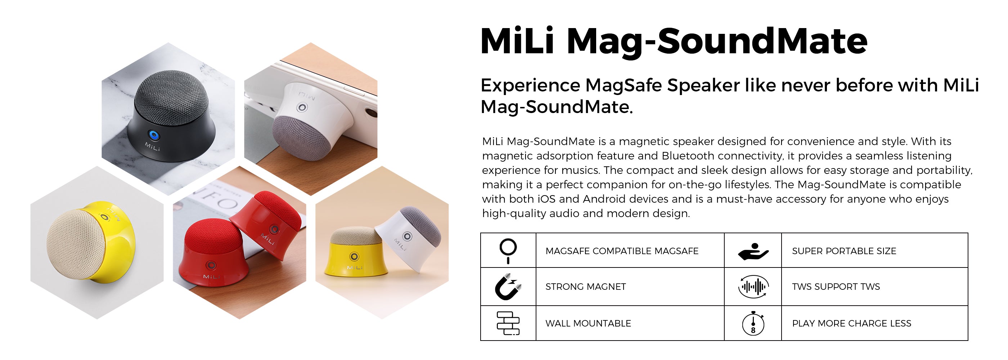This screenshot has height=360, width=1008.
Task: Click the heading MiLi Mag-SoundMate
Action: (674, 41)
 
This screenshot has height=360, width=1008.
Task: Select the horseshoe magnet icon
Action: (508, 287)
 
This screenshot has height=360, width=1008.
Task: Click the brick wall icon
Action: (508, 323)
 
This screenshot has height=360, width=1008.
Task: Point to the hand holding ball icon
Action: (753, 252)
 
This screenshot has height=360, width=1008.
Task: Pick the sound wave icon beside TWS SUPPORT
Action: (753, 287)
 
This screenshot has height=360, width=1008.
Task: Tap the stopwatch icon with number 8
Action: (753, 323)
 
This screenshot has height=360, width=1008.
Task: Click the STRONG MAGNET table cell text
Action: (585, 287)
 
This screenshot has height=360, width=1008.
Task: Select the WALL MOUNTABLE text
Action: (588, 324)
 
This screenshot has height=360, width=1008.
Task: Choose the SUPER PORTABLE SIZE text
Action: (844, 251)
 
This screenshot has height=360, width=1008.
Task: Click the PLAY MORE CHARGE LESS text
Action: (851, 324)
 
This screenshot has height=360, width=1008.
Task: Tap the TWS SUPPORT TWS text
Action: (836, 287)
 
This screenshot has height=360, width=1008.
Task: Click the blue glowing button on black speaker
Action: (154, 136)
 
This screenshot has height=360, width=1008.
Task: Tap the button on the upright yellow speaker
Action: (354, 257)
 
